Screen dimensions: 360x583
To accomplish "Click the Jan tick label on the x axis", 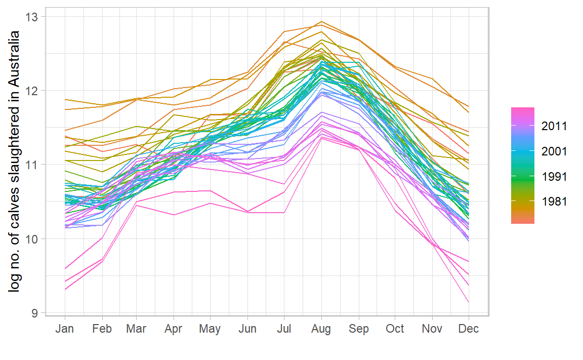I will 64,329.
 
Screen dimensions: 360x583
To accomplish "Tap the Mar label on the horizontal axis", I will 136,329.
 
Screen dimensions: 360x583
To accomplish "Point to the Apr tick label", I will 174,329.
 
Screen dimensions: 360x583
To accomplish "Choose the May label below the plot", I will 210,329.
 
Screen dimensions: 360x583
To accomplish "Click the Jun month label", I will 247,329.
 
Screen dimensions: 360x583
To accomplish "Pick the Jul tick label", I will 284,329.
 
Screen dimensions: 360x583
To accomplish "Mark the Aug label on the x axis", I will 321,329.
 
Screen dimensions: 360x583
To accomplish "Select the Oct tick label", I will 395,329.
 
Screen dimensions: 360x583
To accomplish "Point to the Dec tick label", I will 469,329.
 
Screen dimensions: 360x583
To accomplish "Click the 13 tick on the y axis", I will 32,17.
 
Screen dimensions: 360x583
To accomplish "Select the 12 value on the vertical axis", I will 32,91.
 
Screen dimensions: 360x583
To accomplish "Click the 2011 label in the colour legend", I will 554,126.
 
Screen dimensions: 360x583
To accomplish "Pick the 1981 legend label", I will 554,202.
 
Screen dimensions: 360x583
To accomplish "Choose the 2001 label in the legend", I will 554,151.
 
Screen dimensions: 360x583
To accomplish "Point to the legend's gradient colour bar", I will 523,165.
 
